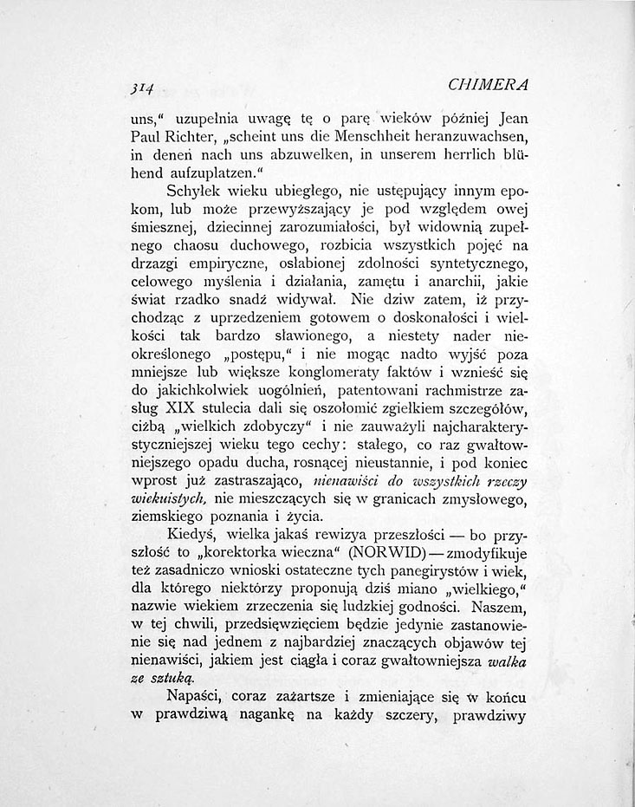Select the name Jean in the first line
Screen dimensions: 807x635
pos(509,118)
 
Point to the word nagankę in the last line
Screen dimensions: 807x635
pos(311,718)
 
